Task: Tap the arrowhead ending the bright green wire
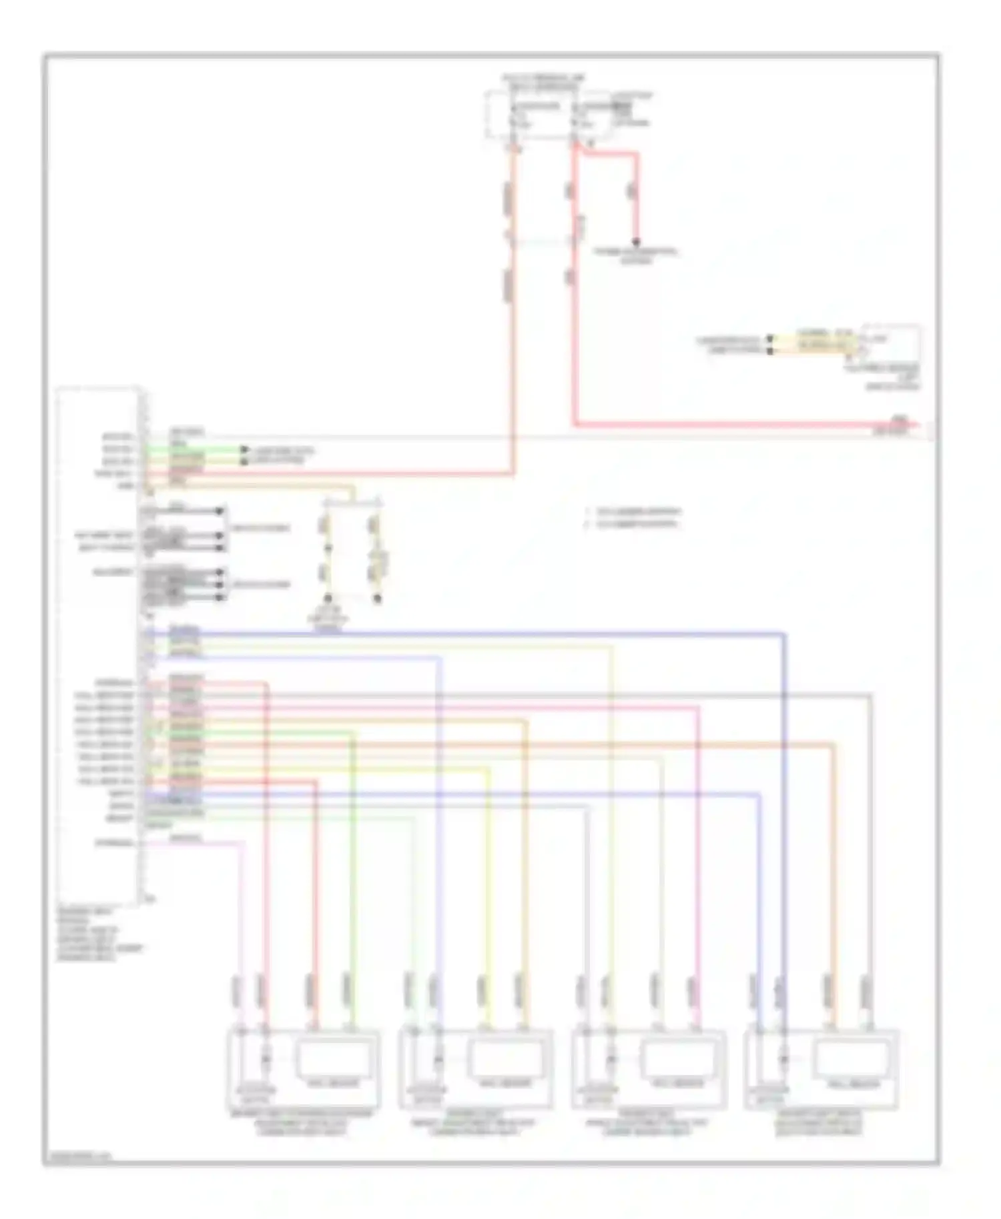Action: (244, 450)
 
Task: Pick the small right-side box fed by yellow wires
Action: (891, 344)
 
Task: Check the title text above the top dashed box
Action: (544, 83)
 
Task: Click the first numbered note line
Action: (634, 512)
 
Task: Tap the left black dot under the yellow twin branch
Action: (328, 598)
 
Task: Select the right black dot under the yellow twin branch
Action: (377, 598)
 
